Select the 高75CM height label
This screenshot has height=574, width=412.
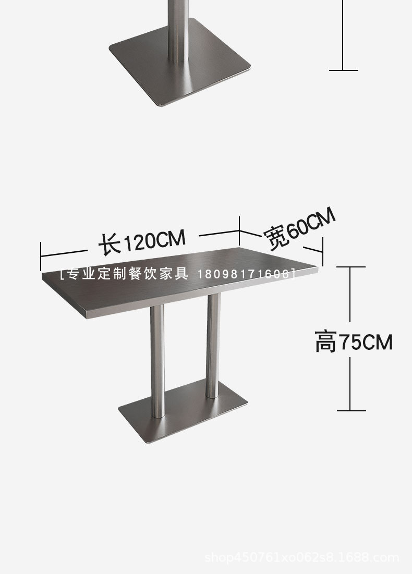354,343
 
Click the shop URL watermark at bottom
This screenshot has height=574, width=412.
302,558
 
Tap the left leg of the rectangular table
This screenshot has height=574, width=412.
157,360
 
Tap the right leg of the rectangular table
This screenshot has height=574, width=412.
213,344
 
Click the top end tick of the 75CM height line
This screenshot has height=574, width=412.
350,267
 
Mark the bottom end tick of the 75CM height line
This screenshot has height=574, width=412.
350,410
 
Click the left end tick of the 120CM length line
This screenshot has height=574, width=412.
41,255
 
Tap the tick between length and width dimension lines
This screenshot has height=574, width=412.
239,231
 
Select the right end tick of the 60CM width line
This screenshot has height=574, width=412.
323,252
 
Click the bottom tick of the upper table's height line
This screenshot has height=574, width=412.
343,70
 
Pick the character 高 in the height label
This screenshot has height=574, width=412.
326,343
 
